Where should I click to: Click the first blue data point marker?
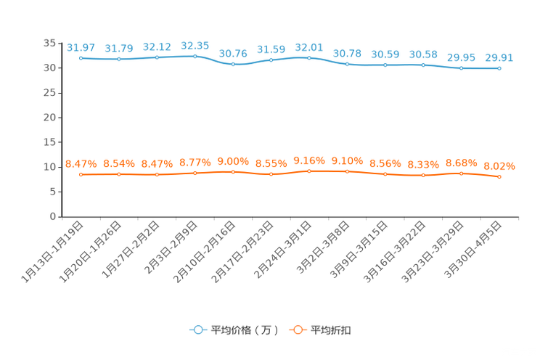[81, 58]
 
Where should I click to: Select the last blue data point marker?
[499, 68]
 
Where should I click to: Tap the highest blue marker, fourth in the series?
[195, 56]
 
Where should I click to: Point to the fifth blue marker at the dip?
[233, 64]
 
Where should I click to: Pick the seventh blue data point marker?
[309, 57]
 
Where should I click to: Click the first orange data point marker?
[81, 174]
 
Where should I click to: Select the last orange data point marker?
[499, 176]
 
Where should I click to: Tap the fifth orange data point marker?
[233, 171]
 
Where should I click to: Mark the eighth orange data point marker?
[348, 171]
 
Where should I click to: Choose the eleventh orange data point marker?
[461, 173]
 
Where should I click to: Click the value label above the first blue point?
[81, 48]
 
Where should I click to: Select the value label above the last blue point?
[499, 58]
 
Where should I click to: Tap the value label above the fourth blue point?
[195, 46]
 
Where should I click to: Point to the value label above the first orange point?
[81, 164]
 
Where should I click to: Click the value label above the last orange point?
[499, 166]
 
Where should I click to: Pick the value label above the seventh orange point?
[309, 160]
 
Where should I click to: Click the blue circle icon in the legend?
[197, 330]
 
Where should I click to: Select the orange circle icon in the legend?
[297, 330]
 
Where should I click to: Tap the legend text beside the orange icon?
[332, 330]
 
